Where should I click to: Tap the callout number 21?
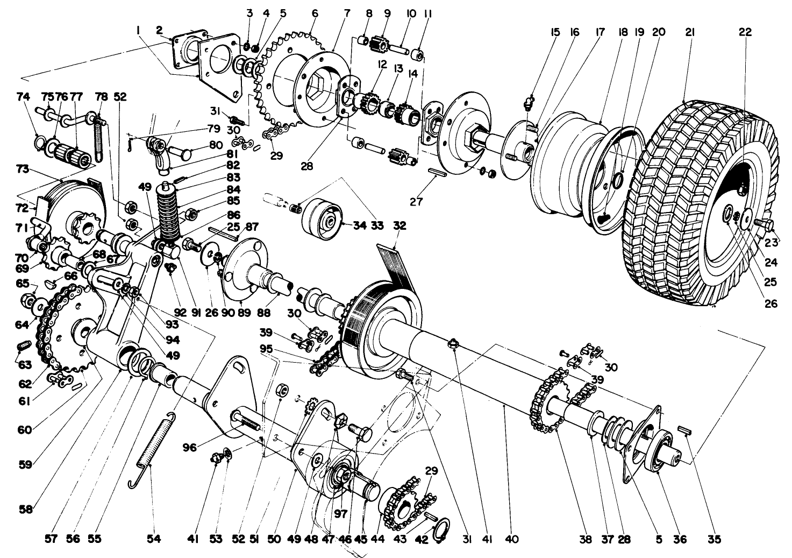click(690, 32)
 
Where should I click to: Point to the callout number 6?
click(315, 12)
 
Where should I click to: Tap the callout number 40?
click(512, 539)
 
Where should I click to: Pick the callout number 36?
click(680, 539)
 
